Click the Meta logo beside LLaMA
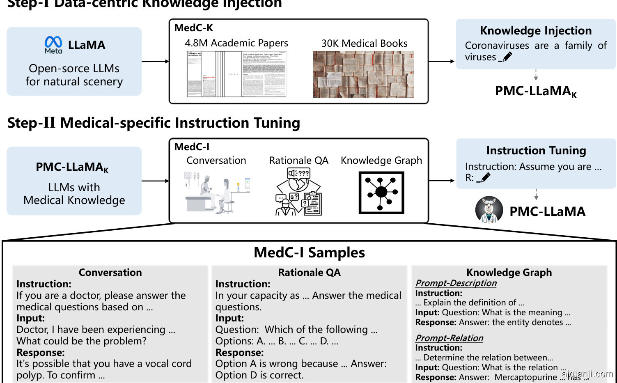53,45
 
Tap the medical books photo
363,74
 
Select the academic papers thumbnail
236,74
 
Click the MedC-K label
194,28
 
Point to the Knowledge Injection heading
536,31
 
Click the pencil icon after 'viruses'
507,57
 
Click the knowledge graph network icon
381,193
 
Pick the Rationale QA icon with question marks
299,192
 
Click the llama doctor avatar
489,211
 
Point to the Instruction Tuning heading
536,151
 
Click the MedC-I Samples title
309,252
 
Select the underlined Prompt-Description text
456,283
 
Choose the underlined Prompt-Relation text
449,338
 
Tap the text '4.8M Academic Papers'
236,43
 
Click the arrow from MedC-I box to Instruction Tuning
442,181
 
